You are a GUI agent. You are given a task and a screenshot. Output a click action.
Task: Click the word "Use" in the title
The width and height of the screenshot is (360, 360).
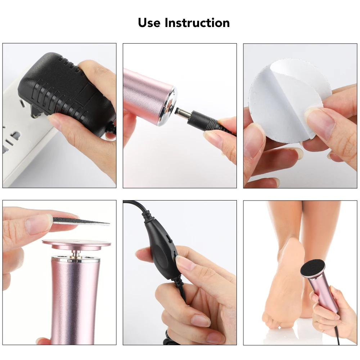click(x=149, y=23)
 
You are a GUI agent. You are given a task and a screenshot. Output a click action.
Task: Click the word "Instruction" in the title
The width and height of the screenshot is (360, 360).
click(x=197, y=23)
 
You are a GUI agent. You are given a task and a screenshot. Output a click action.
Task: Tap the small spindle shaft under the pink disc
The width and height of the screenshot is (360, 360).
click(x=76, y=254)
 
